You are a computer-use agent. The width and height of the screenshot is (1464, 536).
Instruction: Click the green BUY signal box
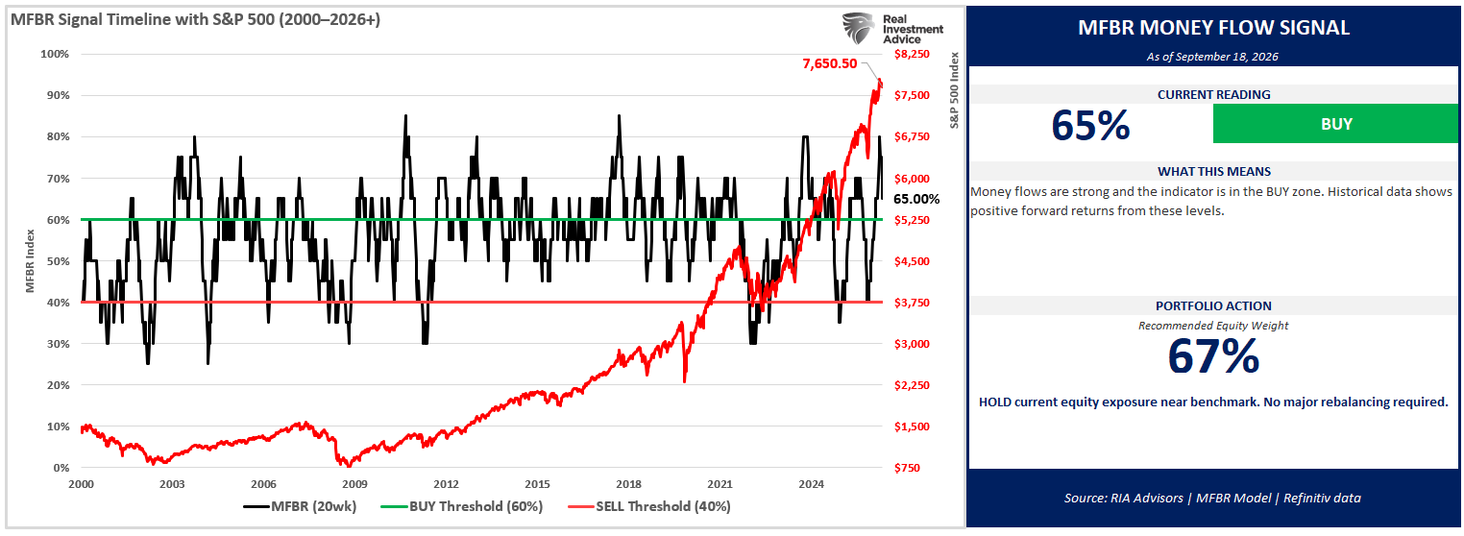1335,124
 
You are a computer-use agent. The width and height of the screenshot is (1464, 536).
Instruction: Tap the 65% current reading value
1090,125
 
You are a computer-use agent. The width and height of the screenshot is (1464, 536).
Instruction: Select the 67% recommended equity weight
1213,356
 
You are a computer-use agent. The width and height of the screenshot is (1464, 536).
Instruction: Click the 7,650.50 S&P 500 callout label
829,63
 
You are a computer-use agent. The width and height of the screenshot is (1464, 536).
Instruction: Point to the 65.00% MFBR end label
916,199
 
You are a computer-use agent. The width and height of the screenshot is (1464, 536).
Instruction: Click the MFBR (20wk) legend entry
300,506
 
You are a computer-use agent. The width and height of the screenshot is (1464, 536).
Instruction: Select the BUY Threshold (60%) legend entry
461,506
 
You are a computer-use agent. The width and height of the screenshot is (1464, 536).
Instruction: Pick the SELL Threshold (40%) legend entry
649,506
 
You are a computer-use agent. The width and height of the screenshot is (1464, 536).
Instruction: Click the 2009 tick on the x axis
354,484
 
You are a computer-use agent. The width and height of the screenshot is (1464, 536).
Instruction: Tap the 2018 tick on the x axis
629,484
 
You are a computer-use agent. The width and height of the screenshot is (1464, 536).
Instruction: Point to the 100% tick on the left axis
55,54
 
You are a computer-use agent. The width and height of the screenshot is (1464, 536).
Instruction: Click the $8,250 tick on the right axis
912,54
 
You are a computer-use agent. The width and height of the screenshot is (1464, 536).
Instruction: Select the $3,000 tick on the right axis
912,344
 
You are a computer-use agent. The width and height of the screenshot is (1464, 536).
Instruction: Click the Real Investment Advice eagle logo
858,28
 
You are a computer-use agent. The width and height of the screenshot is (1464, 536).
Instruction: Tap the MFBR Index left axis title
30,261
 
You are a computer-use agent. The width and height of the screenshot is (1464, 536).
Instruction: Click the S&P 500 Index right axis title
954,90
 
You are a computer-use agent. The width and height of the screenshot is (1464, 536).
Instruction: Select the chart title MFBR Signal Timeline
195,19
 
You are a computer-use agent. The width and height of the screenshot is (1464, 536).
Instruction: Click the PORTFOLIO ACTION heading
1213,305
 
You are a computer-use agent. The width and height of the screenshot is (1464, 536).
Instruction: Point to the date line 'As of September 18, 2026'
1212,57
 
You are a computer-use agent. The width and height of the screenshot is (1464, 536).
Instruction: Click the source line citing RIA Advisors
1212,499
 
